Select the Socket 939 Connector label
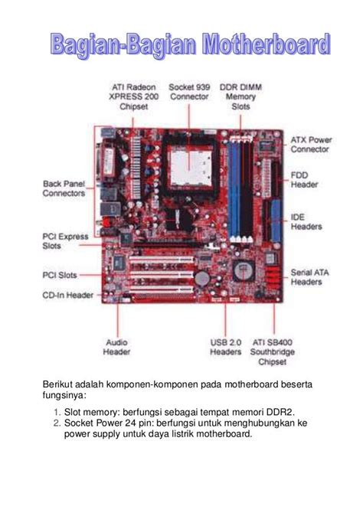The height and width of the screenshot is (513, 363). point(189,93)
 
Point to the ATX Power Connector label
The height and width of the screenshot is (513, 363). point(310,145)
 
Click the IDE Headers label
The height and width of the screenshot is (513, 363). point(306,222)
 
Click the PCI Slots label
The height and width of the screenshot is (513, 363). point(59,274)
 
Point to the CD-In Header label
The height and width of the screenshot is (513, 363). point(67,295)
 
